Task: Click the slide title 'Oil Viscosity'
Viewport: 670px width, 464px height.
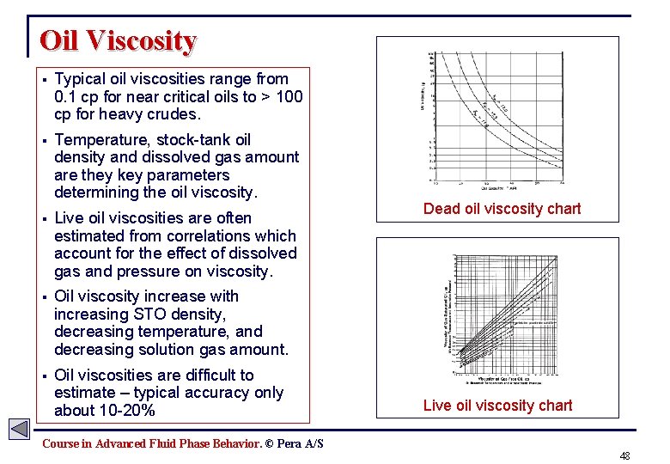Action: click(119, 40)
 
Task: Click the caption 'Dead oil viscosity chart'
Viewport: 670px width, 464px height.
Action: click(502, 209)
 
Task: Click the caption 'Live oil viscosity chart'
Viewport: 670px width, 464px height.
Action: click(497, 406)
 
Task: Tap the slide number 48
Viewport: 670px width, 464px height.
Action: click(624, 455)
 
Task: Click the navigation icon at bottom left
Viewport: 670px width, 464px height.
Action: click(20, 429)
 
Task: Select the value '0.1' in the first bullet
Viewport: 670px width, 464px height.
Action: click(65, 97)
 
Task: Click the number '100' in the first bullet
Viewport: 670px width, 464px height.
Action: click(288, 97)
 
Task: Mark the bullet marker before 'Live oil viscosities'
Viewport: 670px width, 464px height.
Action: click(42, 218)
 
